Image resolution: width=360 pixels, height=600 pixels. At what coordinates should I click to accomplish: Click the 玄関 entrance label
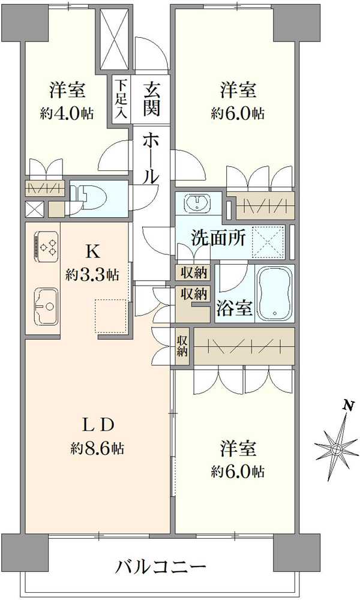tap(151, 100)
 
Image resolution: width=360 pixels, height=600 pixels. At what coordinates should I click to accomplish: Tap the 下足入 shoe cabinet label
tap(121, 99)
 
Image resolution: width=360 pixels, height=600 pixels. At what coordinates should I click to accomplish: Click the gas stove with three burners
tap(46, 247)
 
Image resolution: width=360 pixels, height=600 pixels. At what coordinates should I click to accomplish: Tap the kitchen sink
tap(46, 306)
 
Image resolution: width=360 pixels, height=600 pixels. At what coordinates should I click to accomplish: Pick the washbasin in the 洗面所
tap(197, 202)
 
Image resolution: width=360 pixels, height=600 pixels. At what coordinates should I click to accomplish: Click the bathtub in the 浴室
tap(274, 293)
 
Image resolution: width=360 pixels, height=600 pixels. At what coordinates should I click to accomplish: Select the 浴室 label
tap(235, 308)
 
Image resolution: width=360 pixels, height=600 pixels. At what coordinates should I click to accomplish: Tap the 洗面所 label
tap(218, 239)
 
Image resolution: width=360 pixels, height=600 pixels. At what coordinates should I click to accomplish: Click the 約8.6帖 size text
tap(98, 448)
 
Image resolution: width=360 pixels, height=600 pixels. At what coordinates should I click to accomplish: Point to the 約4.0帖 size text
tap(67, 113)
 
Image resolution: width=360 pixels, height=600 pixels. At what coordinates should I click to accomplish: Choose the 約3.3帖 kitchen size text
tap(92, 274)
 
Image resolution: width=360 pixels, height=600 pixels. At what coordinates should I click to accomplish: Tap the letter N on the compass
tap(347, 406)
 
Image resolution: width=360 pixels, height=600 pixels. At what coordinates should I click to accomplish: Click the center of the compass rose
tap(337, 449)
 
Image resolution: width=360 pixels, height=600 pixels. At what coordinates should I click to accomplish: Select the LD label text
tap(98, 424)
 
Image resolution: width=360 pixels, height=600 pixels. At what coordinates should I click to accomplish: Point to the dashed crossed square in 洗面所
tap(268, 242)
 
